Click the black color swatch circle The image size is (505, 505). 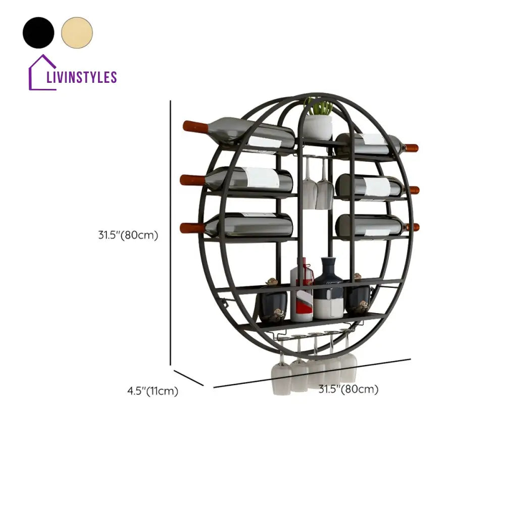tap(38, 32)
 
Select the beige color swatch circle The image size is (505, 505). tap(77, 32)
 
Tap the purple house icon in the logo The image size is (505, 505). tap(42, 73)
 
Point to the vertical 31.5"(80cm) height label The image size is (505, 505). tap(128, 235)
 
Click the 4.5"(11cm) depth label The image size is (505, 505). tap(153, 391)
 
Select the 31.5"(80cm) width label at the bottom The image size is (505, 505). tap(348, 389)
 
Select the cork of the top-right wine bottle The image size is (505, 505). tap(412, 148)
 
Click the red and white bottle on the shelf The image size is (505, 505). tap(302, 293)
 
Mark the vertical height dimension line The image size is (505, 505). tap(171, 232)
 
